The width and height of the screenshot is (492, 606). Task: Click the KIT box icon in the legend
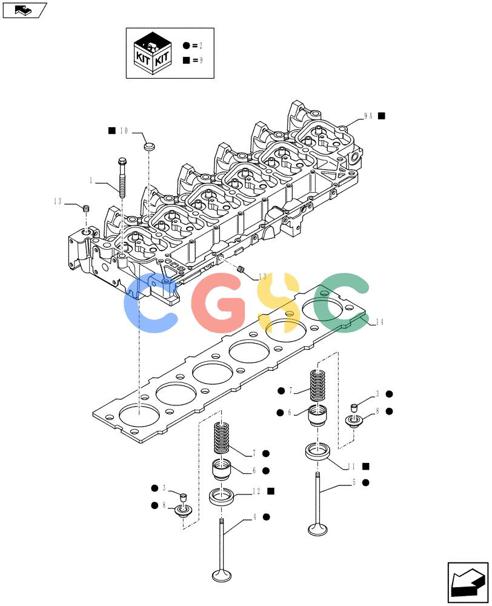pyautogui.click(x=152, y=53)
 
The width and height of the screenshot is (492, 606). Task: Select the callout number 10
pyautogui.click(x=124, y=131)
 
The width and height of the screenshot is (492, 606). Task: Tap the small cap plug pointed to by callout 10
pyautogui.click(x=149, y=147)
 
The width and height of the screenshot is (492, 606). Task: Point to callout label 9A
pyautogui.click(x=368, y=116)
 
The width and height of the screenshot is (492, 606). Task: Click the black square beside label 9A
pyautogui.click(x=382, y=116)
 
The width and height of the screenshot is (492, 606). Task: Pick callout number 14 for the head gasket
pyautogui.click(x=379, y=322)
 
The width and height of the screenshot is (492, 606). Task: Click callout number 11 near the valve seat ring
pyautogui.click(x=351, y=467)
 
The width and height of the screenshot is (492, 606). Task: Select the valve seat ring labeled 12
pyautogui.click(x=222, y=496)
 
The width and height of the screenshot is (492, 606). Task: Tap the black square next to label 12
pyautogui.click(x=271, y=491)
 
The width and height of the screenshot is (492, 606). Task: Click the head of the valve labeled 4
pyautogui.click(x=222, y=574)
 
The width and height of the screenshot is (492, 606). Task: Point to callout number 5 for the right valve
pyautogui.click(x=354, y=482)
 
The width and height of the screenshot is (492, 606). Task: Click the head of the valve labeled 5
pyautogui.click(x=317, y=528)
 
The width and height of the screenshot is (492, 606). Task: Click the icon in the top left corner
pyautogui.click(x=24, y=10)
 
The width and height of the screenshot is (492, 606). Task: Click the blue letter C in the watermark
pyautogui.click(x=150, y=303)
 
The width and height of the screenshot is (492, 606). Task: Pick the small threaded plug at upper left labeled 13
pyautogui.click(x=87, y=209)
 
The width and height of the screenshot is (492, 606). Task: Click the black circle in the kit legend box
pyautogui.click(x=186, y=45)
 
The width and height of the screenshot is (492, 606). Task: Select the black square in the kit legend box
pyautogui.click(x=186, y=60)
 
